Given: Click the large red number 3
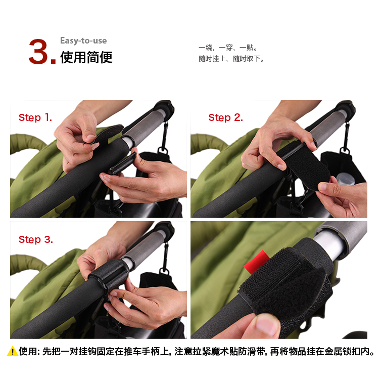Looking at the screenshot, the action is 39,52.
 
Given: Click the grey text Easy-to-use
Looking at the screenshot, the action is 83,40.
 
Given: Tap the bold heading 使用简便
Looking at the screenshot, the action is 86,57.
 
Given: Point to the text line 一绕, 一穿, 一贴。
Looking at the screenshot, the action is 228,48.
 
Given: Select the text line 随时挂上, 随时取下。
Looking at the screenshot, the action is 231,59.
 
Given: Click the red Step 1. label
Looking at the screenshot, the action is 35,117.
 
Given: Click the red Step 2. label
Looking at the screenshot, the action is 225,117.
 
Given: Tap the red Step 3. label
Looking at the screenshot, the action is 36,239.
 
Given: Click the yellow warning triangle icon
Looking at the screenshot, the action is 12,351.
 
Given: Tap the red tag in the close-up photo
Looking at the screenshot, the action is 256,262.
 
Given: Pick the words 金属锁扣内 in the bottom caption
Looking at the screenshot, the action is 347,351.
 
